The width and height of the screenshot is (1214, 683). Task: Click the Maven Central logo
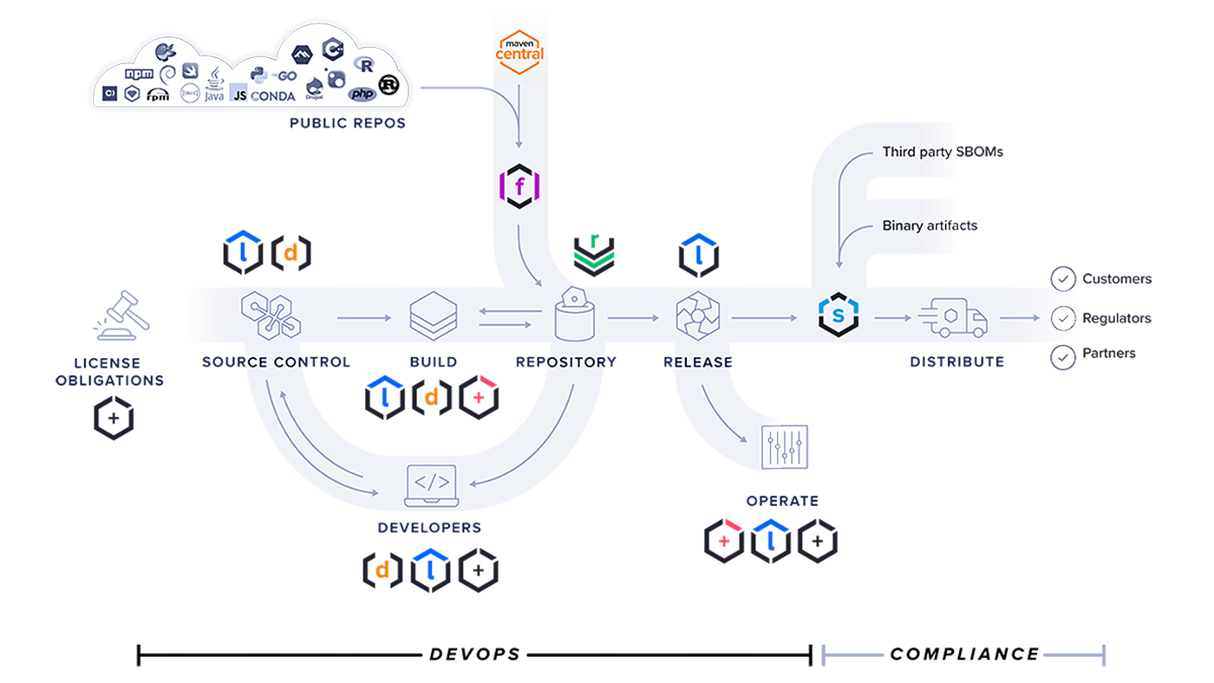[x=519, y=49]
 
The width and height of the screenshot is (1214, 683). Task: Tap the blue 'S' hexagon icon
[x=838, y=317]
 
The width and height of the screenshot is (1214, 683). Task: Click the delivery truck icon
[x=952, y=317]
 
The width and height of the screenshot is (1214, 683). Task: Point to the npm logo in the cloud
[x=139, y=74]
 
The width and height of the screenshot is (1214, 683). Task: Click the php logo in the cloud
[x=362, y=94]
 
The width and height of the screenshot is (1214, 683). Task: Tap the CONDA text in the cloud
[x=273, y=96]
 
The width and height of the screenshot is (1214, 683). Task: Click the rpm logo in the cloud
[x=158, y=95]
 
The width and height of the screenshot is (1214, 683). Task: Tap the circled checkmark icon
[x=1061, y=318]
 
